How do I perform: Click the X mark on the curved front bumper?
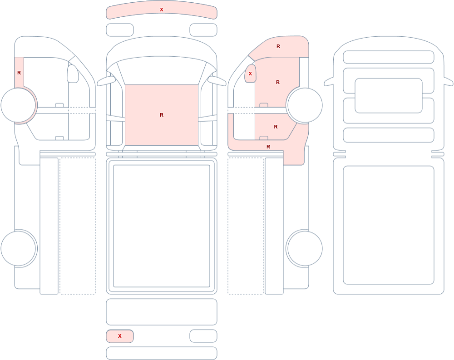(x=162, y=10)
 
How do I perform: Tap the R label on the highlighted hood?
(x=162, y=115)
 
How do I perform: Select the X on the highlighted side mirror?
(x=251, y=74)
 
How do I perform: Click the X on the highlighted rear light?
(x=119, y=336)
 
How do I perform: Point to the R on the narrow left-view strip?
(x=19, y=73)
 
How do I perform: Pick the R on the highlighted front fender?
(x=278, y=46)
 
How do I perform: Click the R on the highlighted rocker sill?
(x=268, y=147)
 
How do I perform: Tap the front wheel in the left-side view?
(x=19, y=105)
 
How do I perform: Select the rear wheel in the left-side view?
(x=19, y=248)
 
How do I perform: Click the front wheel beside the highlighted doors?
(x=305, y=105)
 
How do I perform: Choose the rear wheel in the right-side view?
(x=305, y=248)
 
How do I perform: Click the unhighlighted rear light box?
(x=203, y=336)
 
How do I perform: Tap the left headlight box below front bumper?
(x=120, y=30)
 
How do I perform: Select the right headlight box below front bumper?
(x=203, y=30)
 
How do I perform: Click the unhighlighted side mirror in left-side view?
(x=73, y=74)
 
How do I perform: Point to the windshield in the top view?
(x=162, y=69)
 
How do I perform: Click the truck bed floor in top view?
(x=162, y=226)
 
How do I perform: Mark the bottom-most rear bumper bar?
(x=162, y=353)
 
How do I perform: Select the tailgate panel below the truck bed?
(x=162, y=312)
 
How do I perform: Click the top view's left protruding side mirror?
(x=106, y=81)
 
